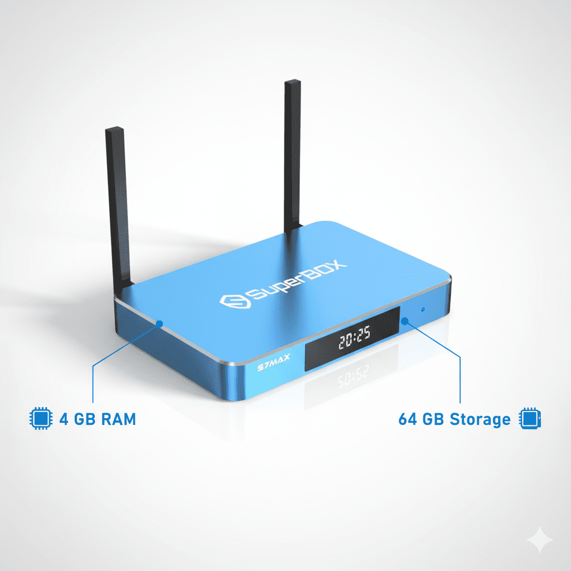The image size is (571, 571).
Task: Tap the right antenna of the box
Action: [293, 156]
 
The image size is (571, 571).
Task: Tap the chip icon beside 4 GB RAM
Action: [38, 419]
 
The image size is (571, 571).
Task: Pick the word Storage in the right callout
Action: [480, 419]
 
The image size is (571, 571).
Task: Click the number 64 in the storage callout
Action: [408, 419]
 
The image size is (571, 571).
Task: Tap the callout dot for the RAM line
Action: [159, 323]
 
